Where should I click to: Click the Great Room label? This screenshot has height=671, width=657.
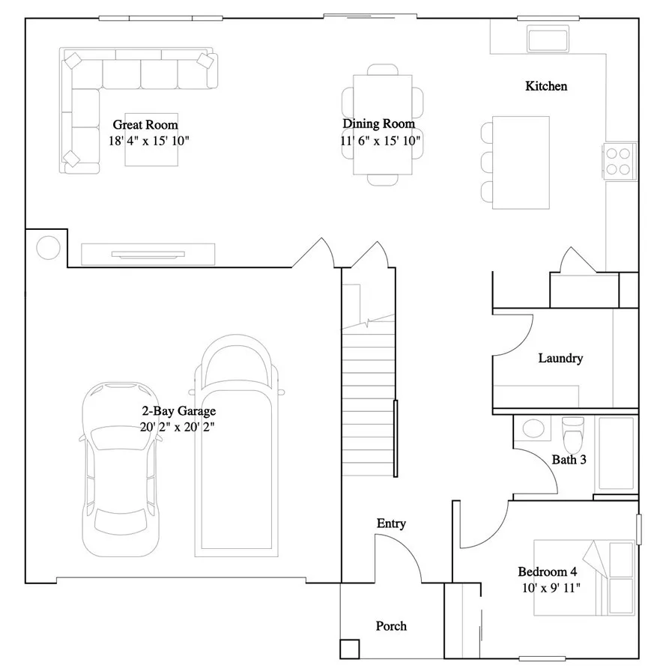tap(145, 124)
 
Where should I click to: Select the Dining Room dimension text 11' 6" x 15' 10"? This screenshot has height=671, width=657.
tap(379, 140)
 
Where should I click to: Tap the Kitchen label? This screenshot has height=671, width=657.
tap(545, 86)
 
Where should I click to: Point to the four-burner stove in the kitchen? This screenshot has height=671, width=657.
tap(618, 160)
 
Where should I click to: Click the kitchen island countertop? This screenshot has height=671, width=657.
tap(521, 163)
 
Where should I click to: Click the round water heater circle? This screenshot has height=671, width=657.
tap(48, 246)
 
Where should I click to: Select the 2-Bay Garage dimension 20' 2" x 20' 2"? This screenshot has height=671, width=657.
tap(179, 427)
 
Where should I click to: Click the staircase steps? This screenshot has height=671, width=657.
tap(368, 397)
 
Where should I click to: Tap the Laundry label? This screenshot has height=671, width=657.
tap(560, 358)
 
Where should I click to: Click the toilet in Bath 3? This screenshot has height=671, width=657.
tap(573, 431)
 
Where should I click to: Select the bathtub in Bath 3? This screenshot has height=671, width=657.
tap(616, 454)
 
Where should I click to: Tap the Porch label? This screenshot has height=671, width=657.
tap(391, 625)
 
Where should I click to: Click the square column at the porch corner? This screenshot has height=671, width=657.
tap(348, 648)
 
